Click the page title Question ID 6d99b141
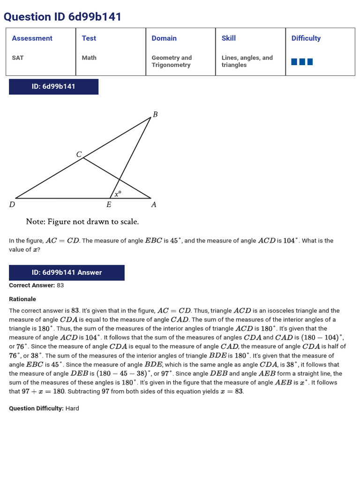62,17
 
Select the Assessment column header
32,38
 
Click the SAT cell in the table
18,58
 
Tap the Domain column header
164,38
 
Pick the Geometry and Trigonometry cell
172,61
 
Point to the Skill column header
229,38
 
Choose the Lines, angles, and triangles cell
247,61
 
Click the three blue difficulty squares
302,61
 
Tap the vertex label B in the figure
155,114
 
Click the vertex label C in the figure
79,154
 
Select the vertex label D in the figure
12,204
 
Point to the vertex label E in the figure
109,204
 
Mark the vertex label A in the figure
153,204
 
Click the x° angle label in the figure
118,193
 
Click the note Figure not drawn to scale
82,221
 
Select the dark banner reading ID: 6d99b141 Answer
67,272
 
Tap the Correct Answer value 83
60,285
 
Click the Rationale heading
22,299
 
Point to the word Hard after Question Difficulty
72,408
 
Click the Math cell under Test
89,58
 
